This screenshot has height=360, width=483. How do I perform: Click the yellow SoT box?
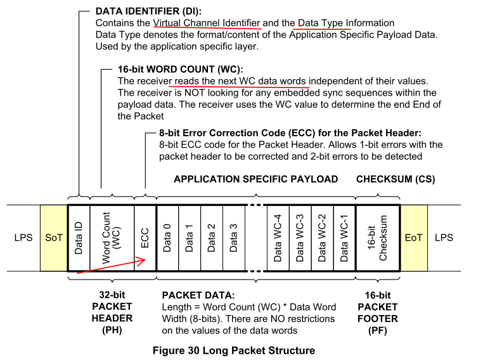coord(54,238)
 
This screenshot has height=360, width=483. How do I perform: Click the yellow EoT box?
coord(414,238)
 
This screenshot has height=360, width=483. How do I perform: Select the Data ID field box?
coord(79,238)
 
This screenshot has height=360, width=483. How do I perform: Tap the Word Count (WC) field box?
coord(112,238)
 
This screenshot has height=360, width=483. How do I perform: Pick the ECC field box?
coord(145,238)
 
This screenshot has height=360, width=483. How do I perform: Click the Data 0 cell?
coord(167,238)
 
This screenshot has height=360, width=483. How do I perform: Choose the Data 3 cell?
coord(234,238)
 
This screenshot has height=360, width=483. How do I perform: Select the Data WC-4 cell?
coord(278,238)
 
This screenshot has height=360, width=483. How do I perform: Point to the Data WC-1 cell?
coord(345,238)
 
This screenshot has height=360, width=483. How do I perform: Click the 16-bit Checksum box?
coord(378,238)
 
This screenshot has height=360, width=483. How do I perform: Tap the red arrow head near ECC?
coord(143,262)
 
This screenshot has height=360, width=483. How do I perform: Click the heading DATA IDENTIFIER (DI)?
coord(148,11)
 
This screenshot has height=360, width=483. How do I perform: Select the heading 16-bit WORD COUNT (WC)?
coord(181,69)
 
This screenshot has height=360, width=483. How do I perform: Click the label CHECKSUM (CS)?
coord(396,179)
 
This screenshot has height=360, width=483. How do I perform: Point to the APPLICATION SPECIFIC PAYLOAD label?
coord(256,179)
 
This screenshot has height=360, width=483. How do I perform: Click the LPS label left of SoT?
coord(23,238)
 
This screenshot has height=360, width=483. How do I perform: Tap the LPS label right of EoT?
coord(444,238)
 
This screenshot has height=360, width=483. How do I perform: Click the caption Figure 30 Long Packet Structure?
coord(234,350)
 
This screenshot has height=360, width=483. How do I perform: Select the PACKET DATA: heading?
coord(198,295)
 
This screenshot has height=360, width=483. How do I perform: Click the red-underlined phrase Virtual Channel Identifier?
coord(207,23)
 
